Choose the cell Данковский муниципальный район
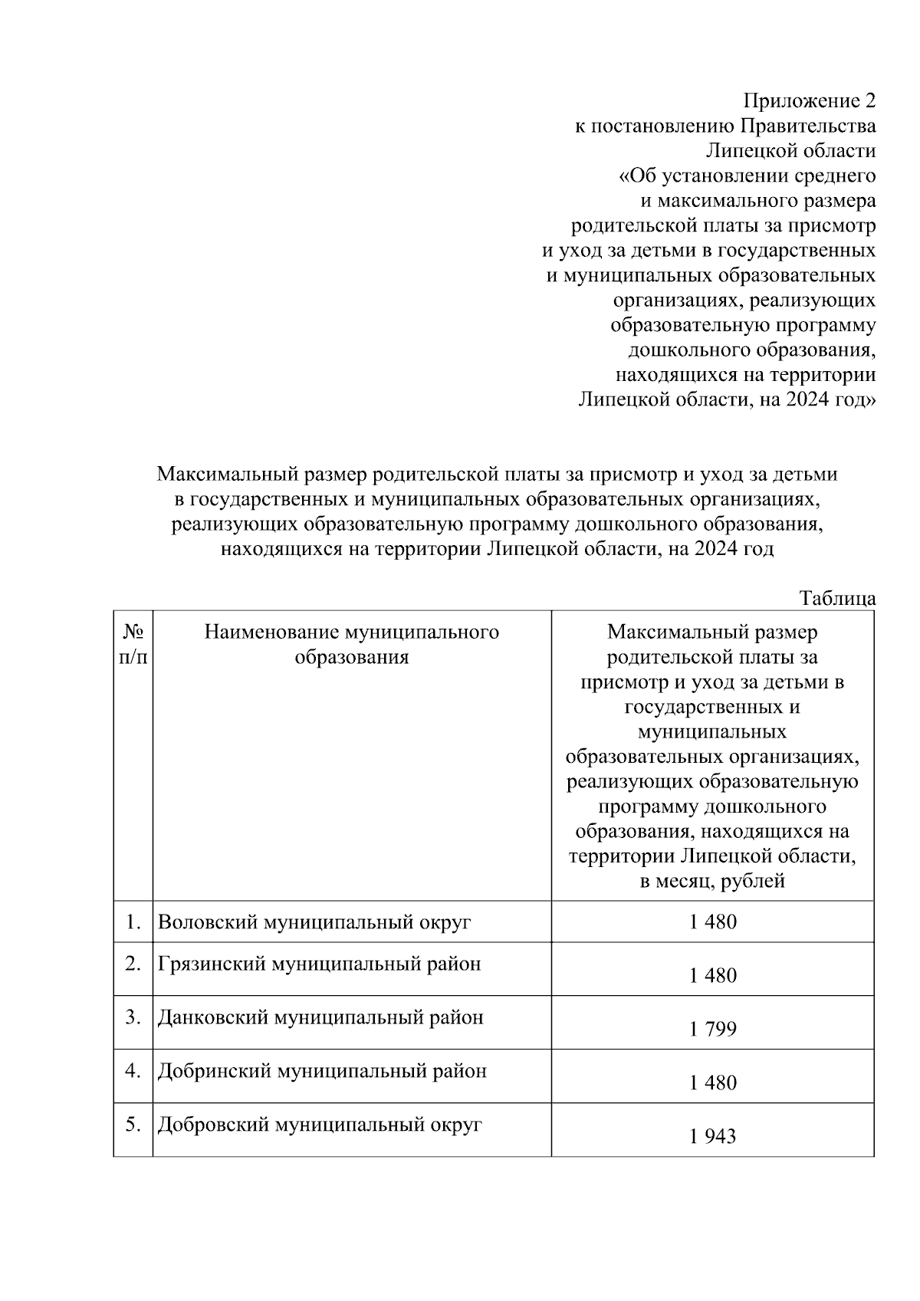[x=320, y=1017]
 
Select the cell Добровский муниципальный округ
[x=319, y=1125]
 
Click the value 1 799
[x=712, y=1029]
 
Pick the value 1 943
[x=712, y=1136]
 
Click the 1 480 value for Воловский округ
[x=712, y=922]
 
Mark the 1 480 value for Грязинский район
[x=712, y=975]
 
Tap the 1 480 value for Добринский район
[x=712, y=1083]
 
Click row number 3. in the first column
[x=133, y=1017]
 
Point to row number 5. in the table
[x=133, y=1125]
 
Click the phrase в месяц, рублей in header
[x=712, y=881]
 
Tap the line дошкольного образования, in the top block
[x=751, y=350]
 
